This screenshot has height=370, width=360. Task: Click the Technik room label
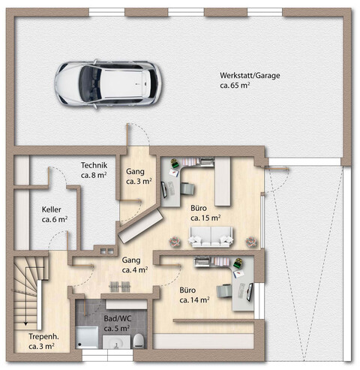[94, 170]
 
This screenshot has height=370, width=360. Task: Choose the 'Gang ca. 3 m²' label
[139, 176]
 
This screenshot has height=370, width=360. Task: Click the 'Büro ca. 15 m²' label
[205, 213]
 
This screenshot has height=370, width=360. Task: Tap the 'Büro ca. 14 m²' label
[193, 294]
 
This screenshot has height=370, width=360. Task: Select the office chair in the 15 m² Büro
[182, 189]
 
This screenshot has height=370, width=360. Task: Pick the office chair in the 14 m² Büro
[225, 292]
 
